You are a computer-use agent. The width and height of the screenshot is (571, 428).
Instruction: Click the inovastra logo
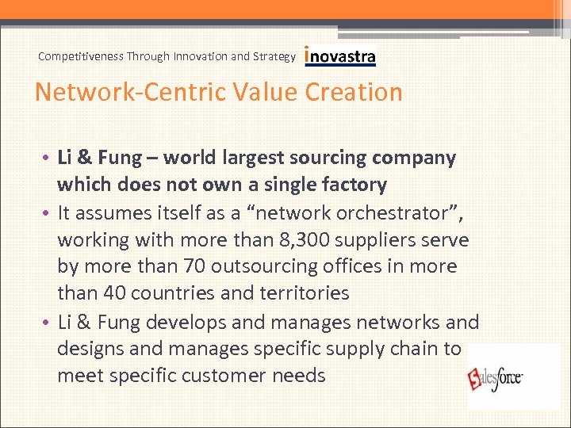point(340,56)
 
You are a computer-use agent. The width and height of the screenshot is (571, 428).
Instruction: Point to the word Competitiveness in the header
point(82,56)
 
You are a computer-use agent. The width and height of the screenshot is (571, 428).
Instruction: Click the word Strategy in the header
point(275,56)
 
